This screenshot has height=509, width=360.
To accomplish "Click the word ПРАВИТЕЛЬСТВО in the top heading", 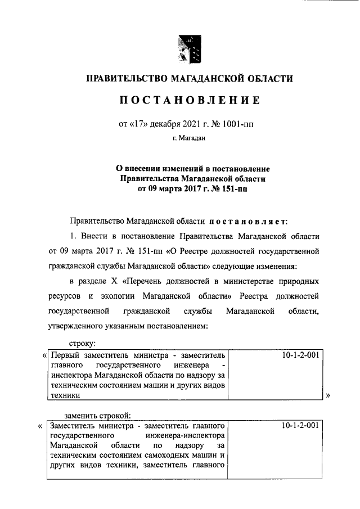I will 124,79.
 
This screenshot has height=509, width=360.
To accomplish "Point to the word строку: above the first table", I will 82,342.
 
